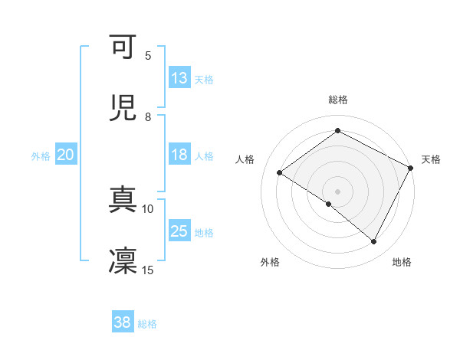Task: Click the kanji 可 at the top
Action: (x=123, y=47)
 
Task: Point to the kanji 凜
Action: (x=123, y=260)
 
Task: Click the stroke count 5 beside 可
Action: (x=148, y=55)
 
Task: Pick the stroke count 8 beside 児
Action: (x=148, y=116)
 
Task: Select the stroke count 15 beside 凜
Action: (x=148, y=270)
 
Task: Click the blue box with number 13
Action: (x=179, y=77)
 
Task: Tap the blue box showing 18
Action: (x=179, y=155)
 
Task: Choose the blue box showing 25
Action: (x=179, y=231)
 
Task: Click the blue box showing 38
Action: (x=123, y=322)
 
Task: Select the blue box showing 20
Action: (x=66, y=155)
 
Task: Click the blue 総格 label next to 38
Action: (x=147, y=324)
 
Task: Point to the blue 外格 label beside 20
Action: (x=41, y=155)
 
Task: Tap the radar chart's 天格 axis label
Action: (x=431, y=159)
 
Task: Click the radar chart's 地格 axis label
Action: (x=402, y=262)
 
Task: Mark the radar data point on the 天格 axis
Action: (x=410, y=167)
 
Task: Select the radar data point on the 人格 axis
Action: (x=280, y=172)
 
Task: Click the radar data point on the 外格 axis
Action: (x=329, y=204)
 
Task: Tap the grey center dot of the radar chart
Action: (x=337, y=191)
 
